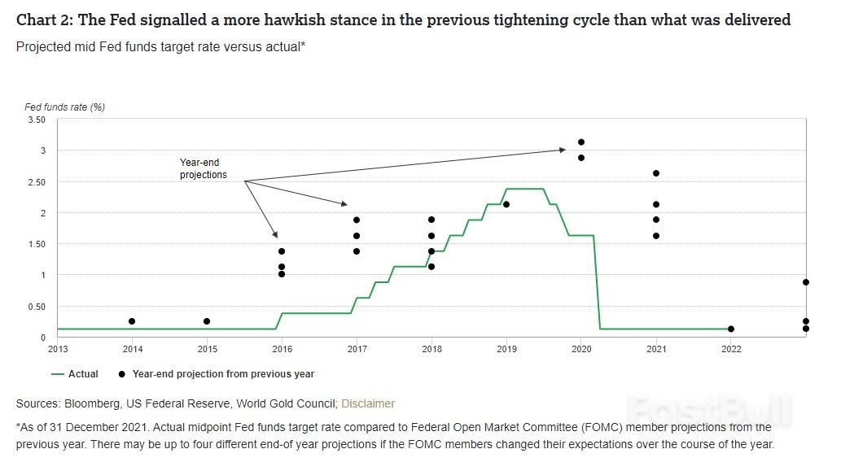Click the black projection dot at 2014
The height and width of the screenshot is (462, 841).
click(x=132, y=321)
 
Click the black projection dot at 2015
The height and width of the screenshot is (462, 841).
click(x=207, y=321)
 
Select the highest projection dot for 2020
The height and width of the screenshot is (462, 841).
click(x=581, y=142)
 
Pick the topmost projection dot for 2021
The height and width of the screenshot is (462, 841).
click(x=656, y=173)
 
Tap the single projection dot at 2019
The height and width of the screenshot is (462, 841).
click(x=506, y=204)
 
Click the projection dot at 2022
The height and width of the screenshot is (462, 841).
click(x=731, y=329)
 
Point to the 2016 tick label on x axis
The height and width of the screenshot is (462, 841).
click(x=282, y=349)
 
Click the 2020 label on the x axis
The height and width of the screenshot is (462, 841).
click(x=581, y=349)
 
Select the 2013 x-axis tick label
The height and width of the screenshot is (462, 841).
click(x=57, y=349)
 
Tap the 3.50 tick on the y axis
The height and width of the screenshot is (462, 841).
click(x=36, y=120)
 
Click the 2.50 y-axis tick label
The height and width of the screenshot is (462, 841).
click(x=36, y=182)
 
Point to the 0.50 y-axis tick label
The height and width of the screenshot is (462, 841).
click(x=36, y=307)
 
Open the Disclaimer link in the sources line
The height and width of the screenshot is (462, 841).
click(x=368, y=403)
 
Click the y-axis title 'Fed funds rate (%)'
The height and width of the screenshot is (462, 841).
click(x=64, y=107)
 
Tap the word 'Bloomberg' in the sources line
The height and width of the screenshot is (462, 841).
click(x=97, y=403)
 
